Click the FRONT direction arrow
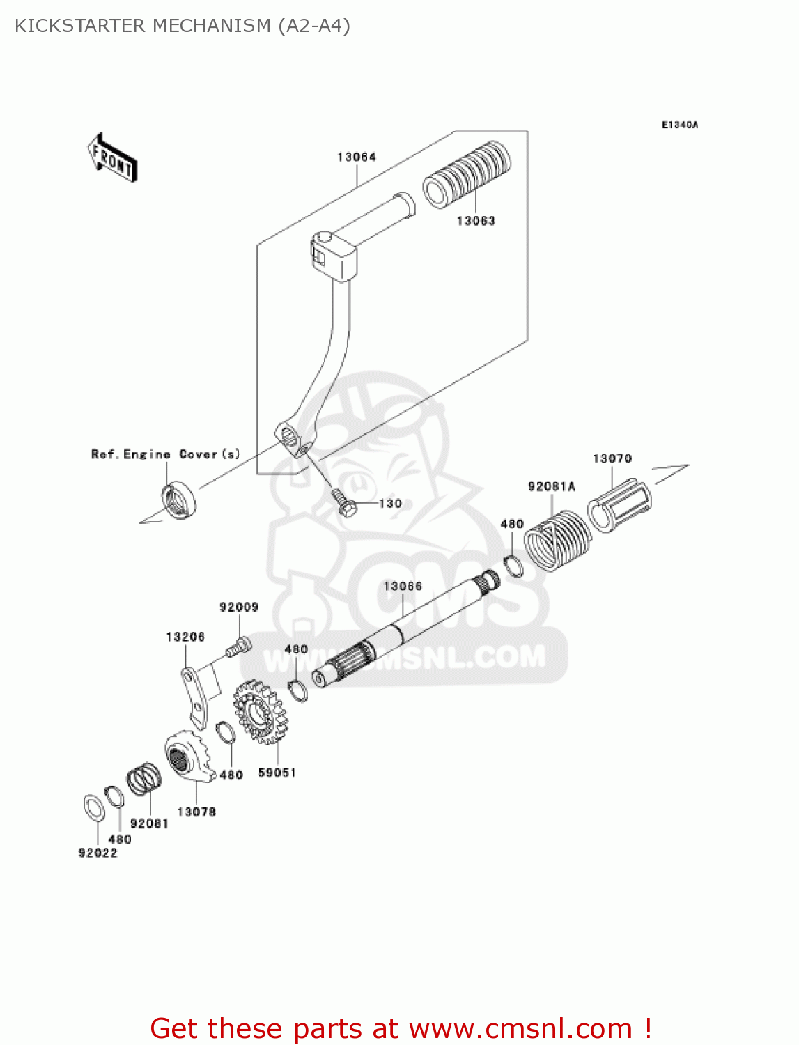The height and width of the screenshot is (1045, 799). tap(112, 159)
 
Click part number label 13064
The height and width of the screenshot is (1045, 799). tap(356, 157)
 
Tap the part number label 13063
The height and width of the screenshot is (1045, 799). tap(476, 221)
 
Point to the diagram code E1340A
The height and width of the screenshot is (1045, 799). tap(679, 125)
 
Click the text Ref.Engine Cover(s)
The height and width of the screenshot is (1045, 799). tap(165, 454)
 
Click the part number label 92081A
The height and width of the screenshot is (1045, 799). tap(551, 486)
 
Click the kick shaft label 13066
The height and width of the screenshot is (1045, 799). tap(403, 586)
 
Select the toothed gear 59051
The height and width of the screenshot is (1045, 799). tap(261, 713)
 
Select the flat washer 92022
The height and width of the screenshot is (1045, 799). tap(94, 807)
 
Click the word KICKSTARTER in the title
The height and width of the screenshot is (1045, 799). tap(80, 26)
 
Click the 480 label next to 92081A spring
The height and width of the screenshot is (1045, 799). tap(511, 524)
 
